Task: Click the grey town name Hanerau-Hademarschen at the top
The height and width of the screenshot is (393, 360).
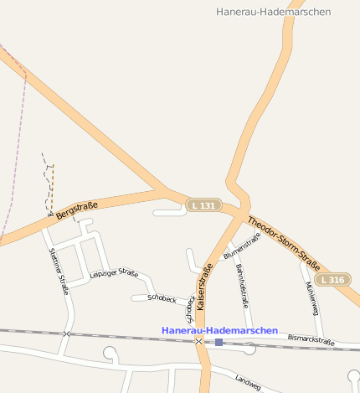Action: [x=273, y=12]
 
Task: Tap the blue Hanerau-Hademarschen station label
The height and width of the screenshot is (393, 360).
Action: [x=219, y=331]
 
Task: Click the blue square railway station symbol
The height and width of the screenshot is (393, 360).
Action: [x=219, y=342]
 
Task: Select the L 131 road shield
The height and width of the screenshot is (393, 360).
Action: [x=203, y=205]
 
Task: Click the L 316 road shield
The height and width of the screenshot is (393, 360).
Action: [x=332, y=279]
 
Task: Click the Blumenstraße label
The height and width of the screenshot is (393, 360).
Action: [x=242, y=246]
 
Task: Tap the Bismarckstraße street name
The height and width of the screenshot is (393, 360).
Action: [x=311, y=340]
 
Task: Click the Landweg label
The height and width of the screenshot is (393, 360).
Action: [x=248, y=381]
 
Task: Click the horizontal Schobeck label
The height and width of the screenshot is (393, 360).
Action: [x=161, y=298]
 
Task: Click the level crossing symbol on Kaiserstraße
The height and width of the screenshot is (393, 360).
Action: [x=198, y=341]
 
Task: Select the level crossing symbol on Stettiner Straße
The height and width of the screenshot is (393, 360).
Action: [x=66, y=334]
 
